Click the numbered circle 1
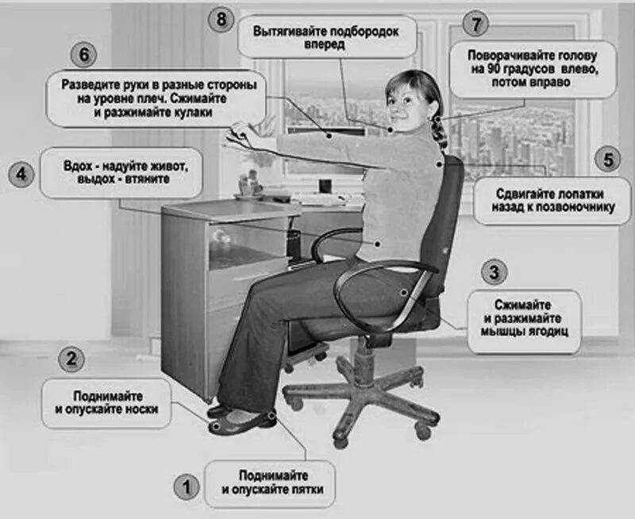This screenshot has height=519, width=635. click(x=187, y=486)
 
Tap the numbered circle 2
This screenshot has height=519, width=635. click(x=71, y=359)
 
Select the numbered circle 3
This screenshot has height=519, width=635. click(x=494, y=273)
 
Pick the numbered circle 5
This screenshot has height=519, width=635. click(x=608, y=160)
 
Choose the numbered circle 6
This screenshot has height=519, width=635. click(x=84, y=56)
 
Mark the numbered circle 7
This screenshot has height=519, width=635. click(x=475, y=25)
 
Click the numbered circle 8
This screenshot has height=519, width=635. click(x=221, y=20)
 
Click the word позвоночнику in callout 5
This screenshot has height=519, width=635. click(x=578, y=207)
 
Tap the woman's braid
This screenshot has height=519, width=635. click(x=439, y=129)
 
